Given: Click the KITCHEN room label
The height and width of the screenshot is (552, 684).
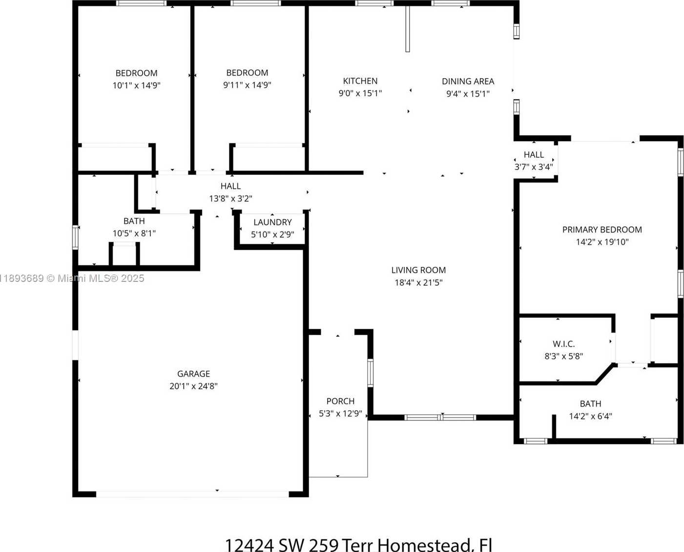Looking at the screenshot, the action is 360,81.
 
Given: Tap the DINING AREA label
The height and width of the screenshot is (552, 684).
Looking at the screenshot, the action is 468,82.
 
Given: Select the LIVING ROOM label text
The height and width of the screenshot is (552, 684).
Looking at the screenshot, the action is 418,270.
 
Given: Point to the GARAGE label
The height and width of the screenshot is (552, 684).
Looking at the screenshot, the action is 193,374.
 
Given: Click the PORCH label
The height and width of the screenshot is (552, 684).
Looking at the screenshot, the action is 340,401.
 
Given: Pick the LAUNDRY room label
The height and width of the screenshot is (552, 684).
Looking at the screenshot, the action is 272,222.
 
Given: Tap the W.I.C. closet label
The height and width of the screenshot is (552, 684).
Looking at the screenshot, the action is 564,344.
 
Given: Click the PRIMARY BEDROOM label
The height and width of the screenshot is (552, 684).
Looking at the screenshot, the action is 602,230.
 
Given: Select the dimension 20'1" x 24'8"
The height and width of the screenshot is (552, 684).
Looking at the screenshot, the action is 193,386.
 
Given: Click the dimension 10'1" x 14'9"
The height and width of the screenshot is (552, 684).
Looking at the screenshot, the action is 136,85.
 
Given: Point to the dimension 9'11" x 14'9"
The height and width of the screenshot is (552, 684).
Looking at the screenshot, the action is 247,85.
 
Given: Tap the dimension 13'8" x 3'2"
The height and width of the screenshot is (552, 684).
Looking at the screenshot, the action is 230,198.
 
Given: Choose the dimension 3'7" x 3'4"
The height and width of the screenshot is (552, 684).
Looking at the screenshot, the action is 534,167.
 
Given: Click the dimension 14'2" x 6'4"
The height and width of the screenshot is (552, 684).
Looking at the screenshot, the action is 590,416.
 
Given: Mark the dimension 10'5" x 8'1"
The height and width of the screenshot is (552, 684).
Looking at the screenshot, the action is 134,234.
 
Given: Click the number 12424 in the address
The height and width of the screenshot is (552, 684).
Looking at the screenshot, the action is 249,545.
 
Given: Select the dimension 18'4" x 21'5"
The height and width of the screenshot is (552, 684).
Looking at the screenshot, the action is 418,283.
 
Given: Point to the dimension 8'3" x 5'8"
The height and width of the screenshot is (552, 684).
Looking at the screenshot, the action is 564,356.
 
